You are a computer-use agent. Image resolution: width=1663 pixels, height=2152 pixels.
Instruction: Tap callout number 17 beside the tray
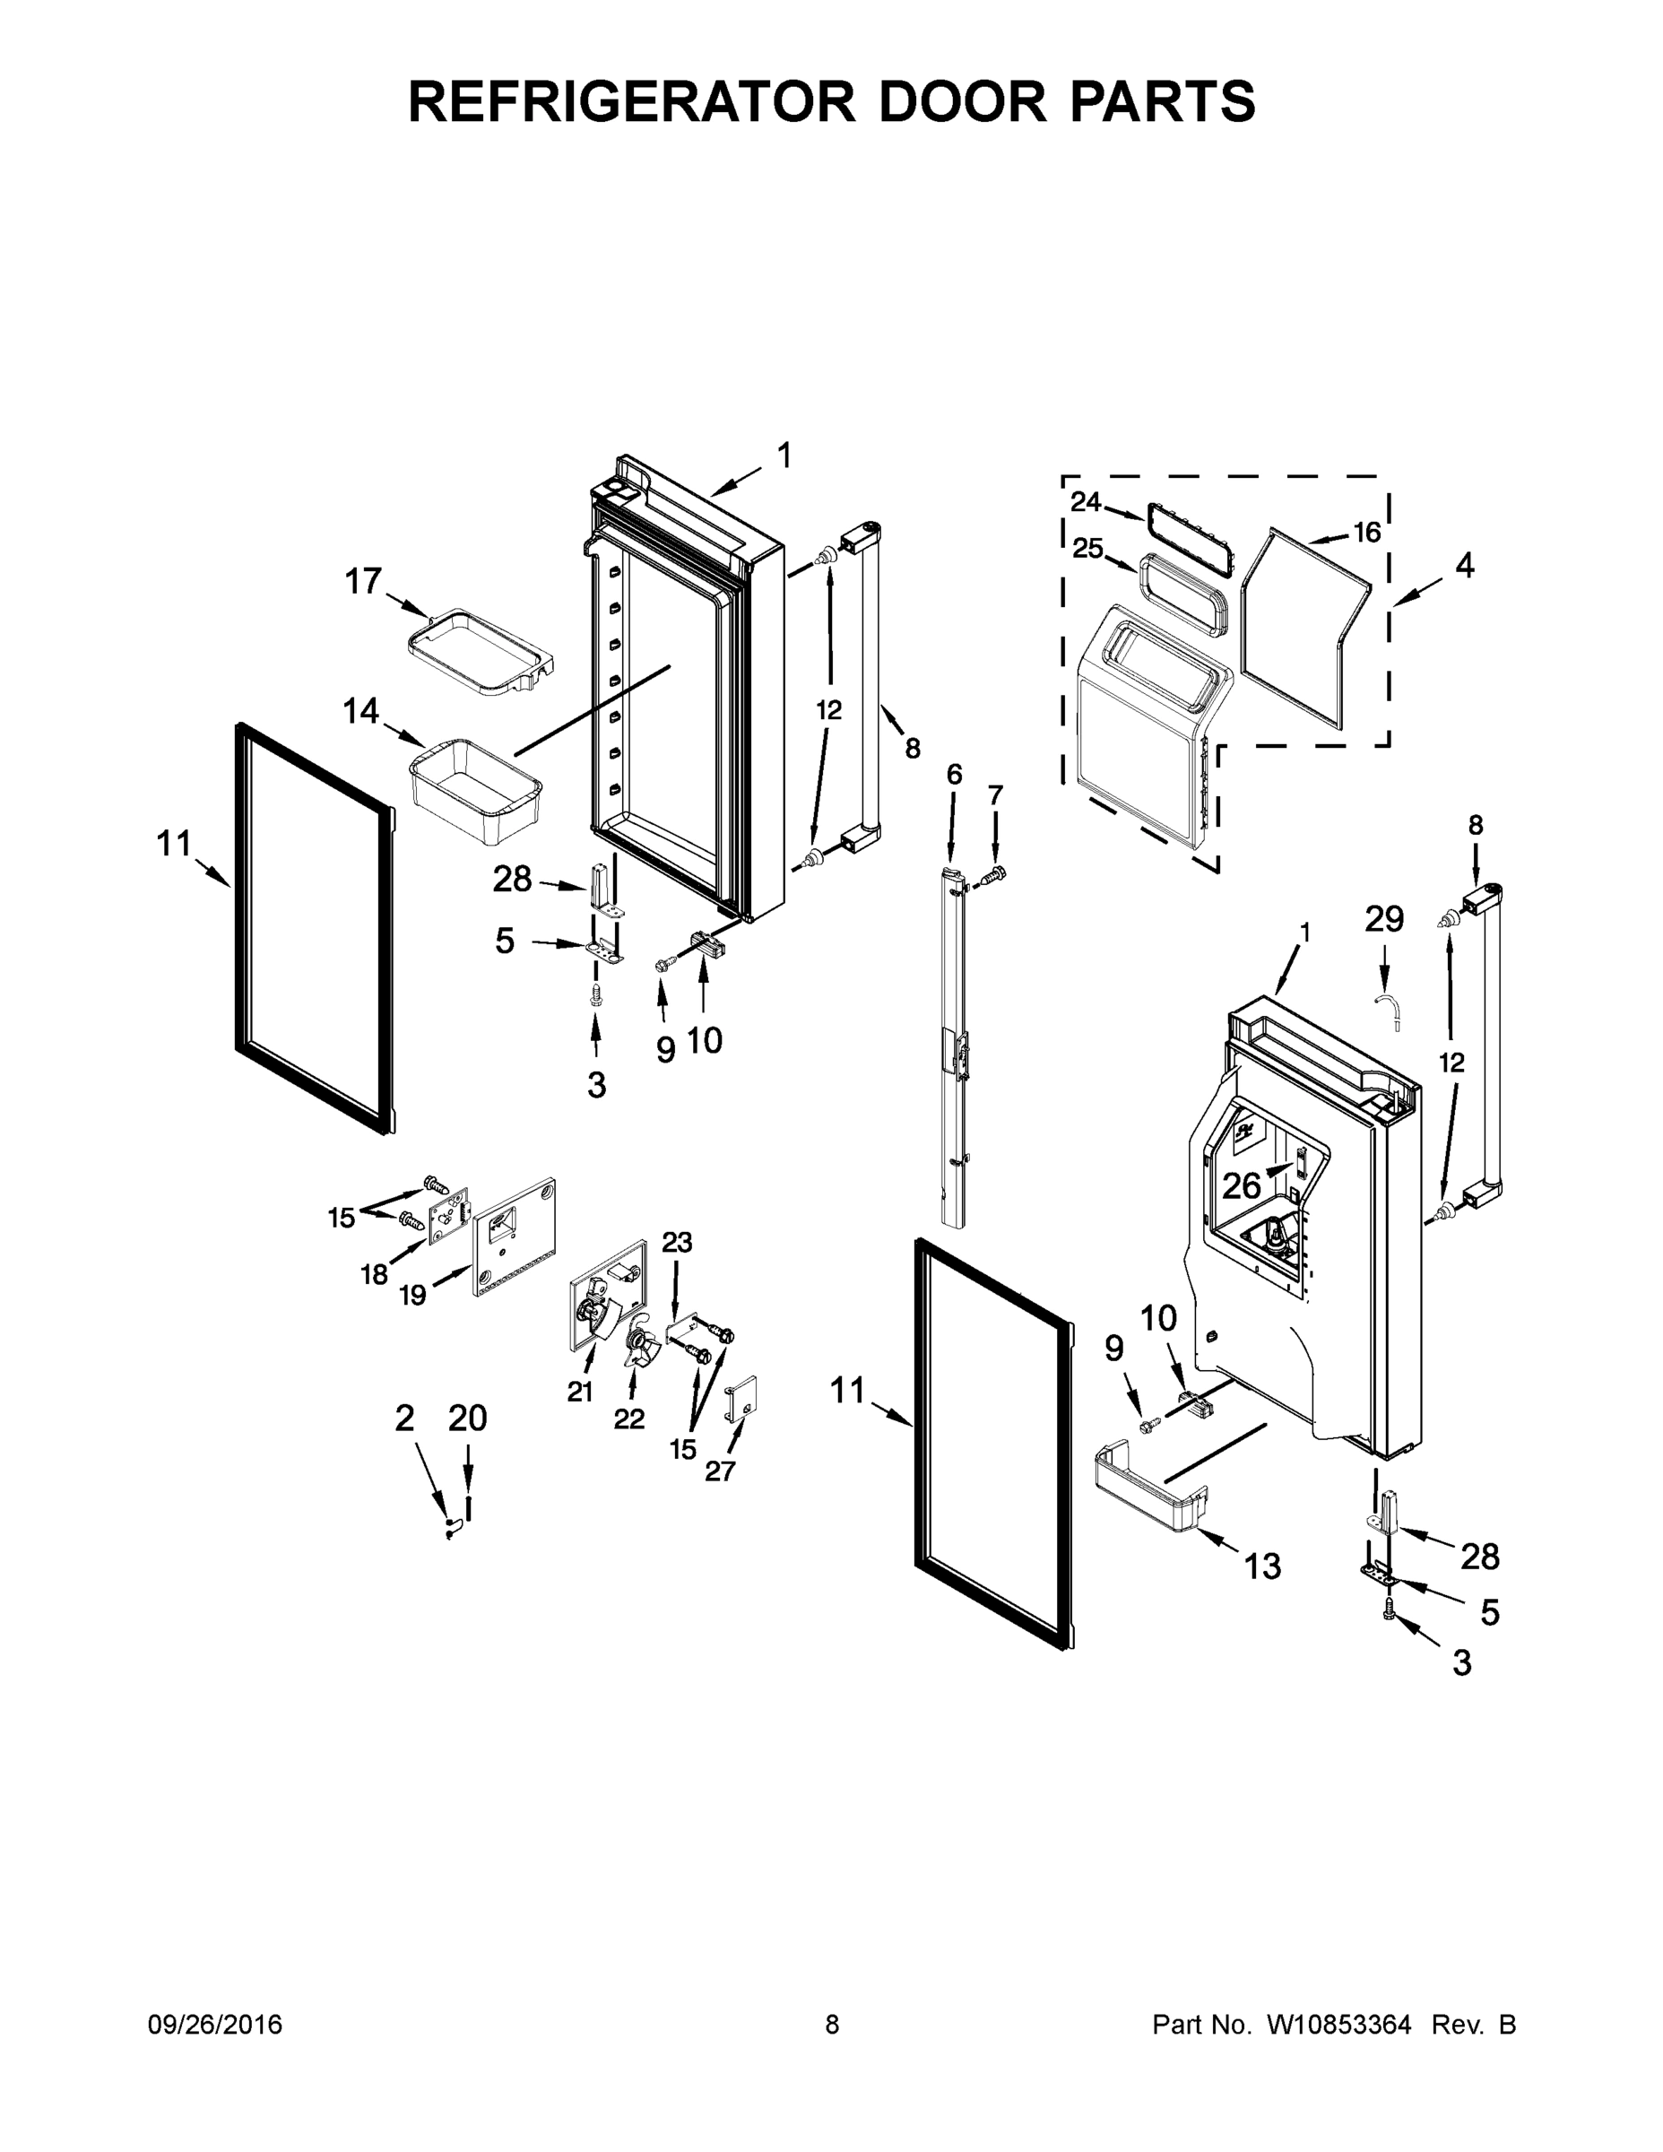[x=362, y=581]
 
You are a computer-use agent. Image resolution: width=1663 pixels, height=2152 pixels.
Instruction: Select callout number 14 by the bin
[x=361, y=710]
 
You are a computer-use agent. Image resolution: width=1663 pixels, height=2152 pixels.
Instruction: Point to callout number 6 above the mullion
[x=954, y=775]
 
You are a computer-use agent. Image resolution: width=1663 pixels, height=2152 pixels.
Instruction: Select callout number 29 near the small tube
[x=1383, y=919]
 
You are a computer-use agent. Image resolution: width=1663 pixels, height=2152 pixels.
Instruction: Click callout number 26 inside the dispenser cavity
[x=1242, y=1185]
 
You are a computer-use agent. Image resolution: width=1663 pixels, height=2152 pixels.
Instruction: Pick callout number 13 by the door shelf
[x=1262, y=1566]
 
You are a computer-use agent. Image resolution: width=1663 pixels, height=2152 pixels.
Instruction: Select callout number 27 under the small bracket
[x=720, y=1471]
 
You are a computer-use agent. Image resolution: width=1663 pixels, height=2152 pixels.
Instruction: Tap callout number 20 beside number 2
[x=467, y=1418]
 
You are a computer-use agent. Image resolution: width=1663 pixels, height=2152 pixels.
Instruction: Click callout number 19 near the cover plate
[x=412, y=1295]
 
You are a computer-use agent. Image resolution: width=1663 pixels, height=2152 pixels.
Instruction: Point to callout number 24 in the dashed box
[x=1086, y=501]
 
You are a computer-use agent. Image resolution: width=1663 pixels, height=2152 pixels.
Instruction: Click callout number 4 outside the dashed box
[x=1464, y=566]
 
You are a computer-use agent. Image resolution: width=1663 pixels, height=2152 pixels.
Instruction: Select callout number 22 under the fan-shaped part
[x=628, y=1419]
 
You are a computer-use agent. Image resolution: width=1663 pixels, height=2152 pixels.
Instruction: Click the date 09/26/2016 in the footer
[x=215, y=2025]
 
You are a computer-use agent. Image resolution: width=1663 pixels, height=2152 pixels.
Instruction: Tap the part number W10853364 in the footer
[x=1338, y=2025]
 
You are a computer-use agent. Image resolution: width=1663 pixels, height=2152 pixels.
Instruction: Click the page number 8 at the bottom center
[x=832, y=2025]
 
